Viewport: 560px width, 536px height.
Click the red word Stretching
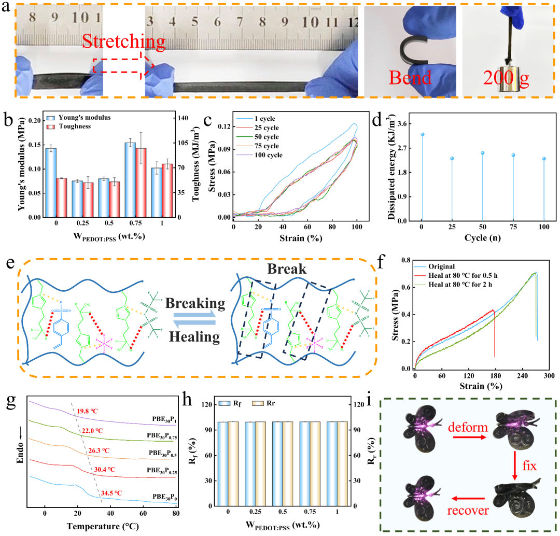(123, 40)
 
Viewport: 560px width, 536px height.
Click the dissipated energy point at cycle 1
(423, 134)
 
